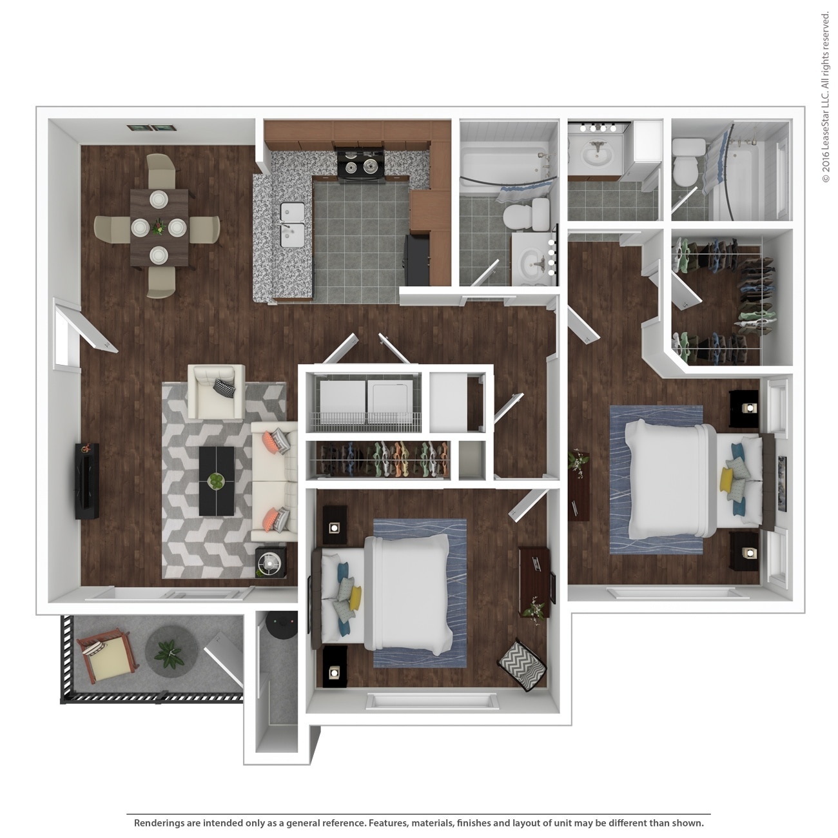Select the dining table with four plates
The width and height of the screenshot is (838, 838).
coord(159,227)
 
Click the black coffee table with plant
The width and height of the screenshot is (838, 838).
coord(217,481)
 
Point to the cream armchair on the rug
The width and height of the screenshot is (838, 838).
coord(215,391)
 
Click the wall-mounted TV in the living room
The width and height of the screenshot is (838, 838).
coord(86,480)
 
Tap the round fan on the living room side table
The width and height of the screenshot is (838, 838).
coord(270,563)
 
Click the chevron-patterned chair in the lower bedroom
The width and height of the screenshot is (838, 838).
coord(523,665)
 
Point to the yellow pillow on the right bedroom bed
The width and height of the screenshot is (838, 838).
coord(727,480)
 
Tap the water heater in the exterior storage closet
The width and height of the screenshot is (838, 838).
coord(283,626)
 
